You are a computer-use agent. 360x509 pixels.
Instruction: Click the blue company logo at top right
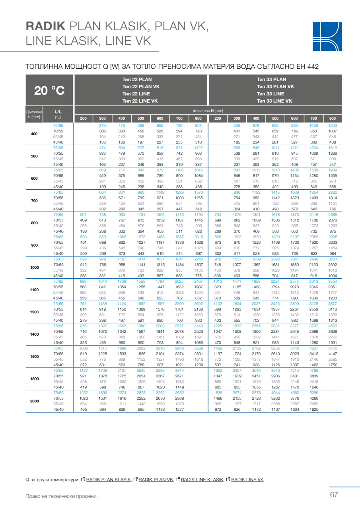point(327,36)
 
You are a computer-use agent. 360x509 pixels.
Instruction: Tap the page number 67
point(334,495)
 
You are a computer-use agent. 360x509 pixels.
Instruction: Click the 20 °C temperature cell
point(49,90)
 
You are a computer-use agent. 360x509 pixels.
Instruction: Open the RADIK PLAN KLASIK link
point(109,480)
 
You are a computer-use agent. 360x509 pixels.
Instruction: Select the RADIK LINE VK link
point(247,480)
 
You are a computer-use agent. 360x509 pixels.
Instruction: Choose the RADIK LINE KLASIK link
point(202,480)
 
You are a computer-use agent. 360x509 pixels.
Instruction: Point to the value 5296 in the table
point(314,392)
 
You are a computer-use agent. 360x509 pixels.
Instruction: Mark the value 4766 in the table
point(314,370)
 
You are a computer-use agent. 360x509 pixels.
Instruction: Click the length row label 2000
point(35,401)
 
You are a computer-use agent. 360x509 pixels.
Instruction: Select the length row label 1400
point(35,334)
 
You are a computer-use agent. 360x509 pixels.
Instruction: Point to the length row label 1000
point(35,267)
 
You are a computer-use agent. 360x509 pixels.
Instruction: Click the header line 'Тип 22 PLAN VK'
point(141,87)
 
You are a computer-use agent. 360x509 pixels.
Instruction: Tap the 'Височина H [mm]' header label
point(208,110)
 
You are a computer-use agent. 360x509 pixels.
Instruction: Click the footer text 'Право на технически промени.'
point(61,496)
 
